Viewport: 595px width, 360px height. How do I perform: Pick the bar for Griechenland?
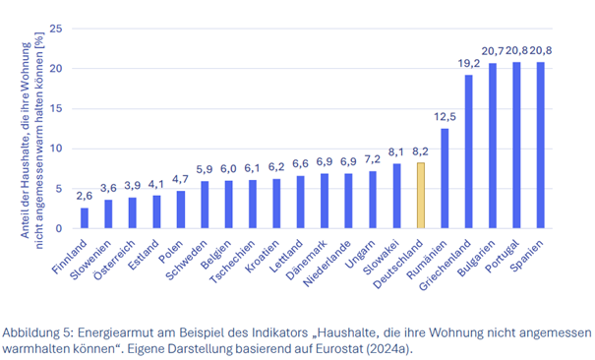pyautogui.click(x=468, y=152)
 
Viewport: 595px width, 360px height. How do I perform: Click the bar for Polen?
pyautogui.click(x=180, y=210)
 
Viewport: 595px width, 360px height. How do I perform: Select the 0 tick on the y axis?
pyautogui.click(x=60, y=228)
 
